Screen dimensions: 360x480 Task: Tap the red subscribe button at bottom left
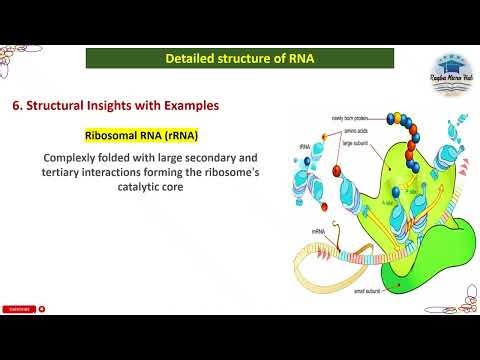point(17,309)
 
